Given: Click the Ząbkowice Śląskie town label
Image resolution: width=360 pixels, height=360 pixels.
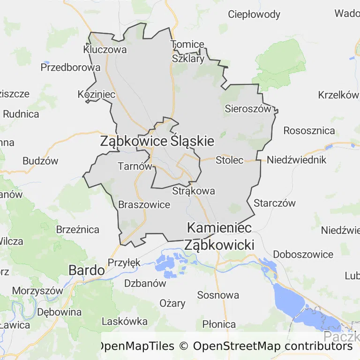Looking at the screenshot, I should point(157,141).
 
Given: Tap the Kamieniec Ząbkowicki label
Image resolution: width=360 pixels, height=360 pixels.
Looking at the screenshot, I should point(219,236).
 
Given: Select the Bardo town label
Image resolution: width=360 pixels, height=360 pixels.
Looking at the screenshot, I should point(87,270).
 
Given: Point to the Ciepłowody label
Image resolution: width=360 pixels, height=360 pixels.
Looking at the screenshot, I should point(254,14).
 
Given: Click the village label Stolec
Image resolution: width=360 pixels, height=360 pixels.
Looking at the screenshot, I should point(230,160).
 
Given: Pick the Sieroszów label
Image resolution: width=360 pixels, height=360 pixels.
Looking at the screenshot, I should point(248,109).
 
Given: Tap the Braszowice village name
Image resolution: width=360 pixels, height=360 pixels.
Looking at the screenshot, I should point(144,205).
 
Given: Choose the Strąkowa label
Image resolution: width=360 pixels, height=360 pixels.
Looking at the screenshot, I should point(194,191).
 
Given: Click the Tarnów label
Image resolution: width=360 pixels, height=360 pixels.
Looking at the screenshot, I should point(135,166).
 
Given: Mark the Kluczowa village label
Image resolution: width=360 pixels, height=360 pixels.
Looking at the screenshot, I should point(105,49).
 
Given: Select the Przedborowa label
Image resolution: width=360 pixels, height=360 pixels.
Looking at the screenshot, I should point(70,67).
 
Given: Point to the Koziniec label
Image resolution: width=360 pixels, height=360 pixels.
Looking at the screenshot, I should point(97,94).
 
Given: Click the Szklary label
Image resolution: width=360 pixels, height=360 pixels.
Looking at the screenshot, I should point(188,59).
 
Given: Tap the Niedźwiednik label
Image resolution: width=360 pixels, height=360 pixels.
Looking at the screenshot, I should point(296,160).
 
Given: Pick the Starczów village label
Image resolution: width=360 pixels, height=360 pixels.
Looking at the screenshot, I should point(275,203).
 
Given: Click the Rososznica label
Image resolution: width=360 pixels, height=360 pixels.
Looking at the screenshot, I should point(309,130).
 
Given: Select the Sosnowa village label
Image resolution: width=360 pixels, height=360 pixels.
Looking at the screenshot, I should point(218,295).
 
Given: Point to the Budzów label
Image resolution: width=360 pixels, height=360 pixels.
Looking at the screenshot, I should point(40,161).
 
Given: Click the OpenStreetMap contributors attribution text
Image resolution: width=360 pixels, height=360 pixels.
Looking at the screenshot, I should point(273,346).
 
